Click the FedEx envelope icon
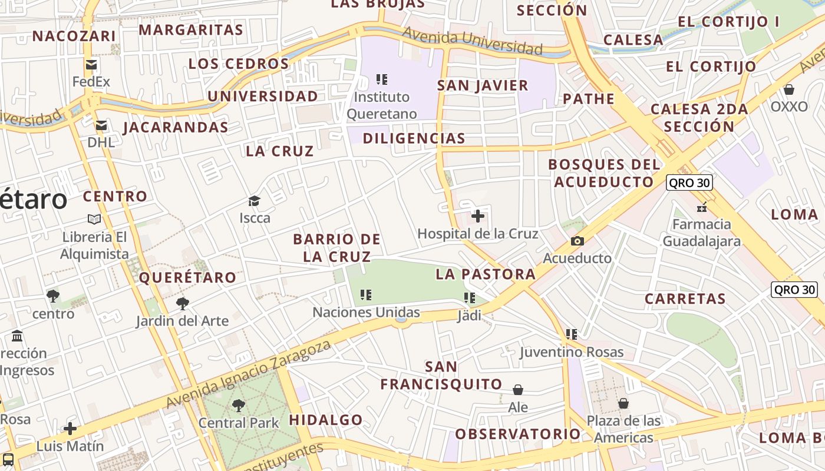tap(91, 65)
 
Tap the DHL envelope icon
tap(101, 125)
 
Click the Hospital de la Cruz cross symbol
tap(478, 216)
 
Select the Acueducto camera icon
tap(577, 241)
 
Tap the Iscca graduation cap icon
tap(254, 201)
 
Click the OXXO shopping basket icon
tap(789, 89)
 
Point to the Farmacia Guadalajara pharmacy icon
tap(702, 207)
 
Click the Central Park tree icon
tap(239, 405)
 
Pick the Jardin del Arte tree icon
tap(183, 304)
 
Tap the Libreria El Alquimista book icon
tap(94, 219)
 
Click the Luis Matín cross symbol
tap(70, 428)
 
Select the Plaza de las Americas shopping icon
tap(623, 403)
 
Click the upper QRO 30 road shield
tap(689, 183)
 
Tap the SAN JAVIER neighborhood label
tap(483, 85)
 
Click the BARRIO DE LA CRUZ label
tap(336, 248)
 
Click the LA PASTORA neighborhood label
tap(486, 274)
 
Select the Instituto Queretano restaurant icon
tap(382, 79)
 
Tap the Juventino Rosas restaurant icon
tap(571, 334)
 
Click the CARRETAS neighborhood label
tap(685, 298)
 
